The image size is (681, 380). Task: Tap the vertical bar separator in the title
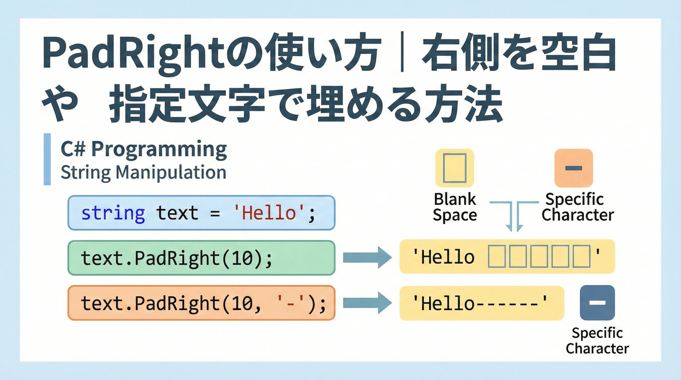402,52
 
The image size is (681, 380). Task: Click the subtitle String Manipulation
144,172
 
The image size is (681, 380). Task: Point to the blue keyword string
113,213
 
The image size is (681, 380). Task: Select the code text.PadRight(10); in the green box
176,258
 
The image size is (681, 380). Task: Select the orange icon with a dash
573,168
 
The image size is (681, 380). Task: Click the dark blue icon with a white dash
597,303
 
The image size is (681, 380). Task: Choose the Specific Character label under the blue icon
597,341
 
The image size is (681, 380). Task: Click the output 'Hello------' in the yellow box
480,303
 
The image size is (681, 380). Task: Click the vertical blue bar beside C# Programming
47,159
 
